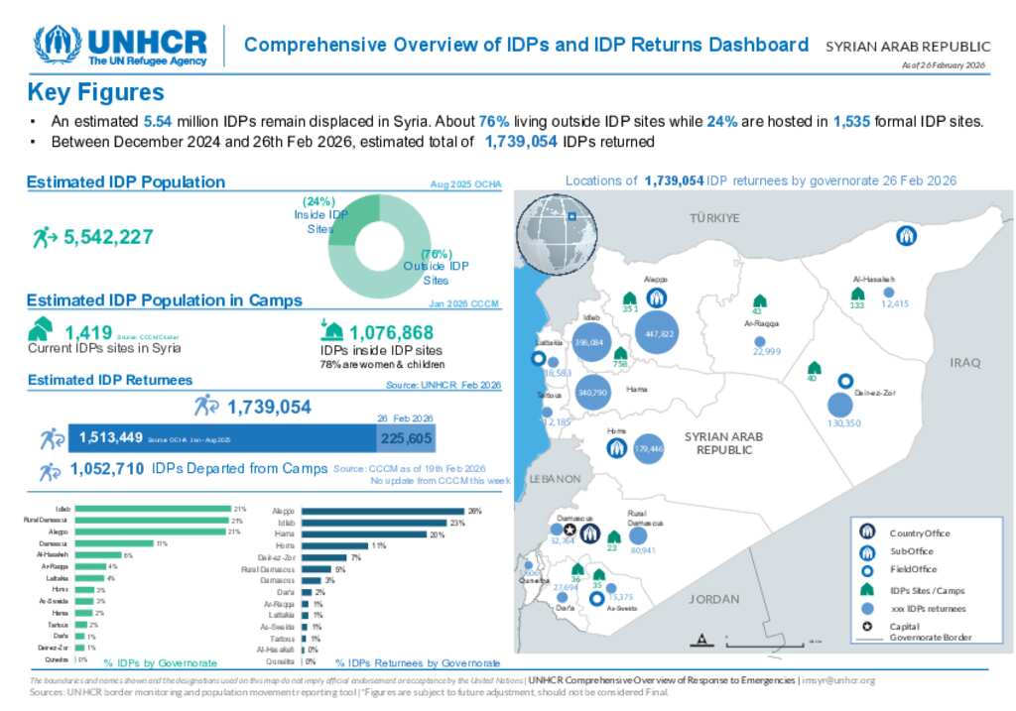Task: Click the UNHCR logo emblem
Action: (x=58, y=45)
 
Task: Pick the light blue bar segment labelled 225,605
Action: (x=406, y=437)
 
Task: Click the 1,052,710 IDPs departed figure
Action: (x=109, y=469)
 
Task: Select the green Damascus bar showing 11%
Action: (x=114, y=543)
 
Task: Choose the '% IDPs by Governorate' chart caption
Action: (x=161, y=661)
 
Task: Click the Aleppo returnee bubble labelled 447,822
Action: (x=659, y=334)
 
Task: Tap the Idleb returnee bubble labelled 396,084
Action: (x=589, y=344)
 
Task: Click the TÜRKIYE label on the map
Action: (x=715, y=217)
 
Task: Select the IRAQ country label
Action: (x=964, y=363)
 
